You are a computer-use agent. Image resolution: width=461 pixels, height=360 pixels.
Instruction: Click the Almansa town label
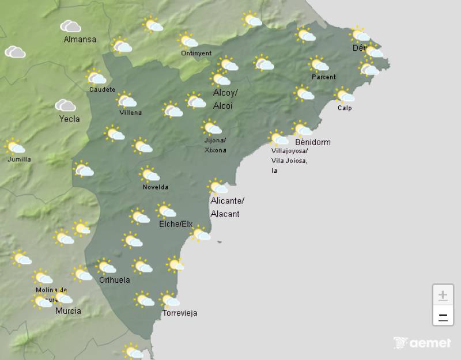(x=80, y=40)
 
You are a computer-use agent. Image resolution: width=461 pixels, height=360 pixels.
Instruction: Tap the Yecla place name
(x=69, y=119)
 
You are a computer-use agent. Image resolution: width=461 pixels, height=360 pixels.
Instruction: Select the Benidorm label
(x=312, y=142)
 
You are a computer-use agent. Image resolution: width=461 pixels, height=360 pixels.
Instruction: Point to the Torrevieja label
(x=180, y=313)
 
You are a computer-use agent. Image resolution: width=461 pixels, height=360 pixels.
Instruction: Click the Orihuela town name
(x=115, y=281)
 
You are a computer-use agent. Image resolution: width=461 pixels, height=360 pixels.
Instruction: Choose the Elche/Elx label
(x=175, y=224)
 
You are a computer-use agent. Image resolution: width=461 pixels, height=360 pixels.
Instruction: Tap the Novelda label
(x=156, y=187)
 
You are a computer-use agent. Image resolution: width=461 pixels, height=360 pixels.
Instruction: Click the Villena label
(x=130, y=113)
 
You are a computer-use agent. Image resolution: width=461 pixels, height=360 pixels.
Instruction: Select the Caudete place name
(x=103, y=90)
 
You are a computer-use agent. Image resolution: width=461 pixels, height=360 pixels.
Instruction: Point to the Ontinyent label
(x=196, y=54)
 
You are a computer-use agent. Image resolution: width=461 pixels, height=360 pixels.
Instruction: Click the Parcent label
(x=323, y=77)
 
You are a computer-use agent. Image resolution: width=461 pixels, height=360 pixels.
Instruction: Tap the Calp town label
(x=345, y=108)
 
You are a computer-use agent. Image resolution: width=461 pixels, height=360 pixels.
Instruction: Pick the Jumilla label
(x=20, y=160)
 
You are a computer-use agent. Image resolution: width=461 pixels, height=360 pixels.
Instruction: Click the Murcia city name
(x=68, y=311)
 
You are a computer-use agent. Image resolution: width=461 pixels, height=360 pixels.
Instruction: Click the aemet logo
(x=422, y=343)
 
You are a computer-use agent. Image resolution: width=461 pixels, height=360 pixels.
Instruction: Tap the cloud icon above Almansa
(x=70, y=26)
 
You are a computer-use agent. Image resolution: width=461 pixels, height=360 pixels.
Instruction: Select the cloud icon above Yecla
(x=66, y=105)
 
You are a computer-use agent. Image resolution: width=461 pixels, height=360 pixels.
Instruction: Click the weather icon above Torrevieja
(x=169, y=300)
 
